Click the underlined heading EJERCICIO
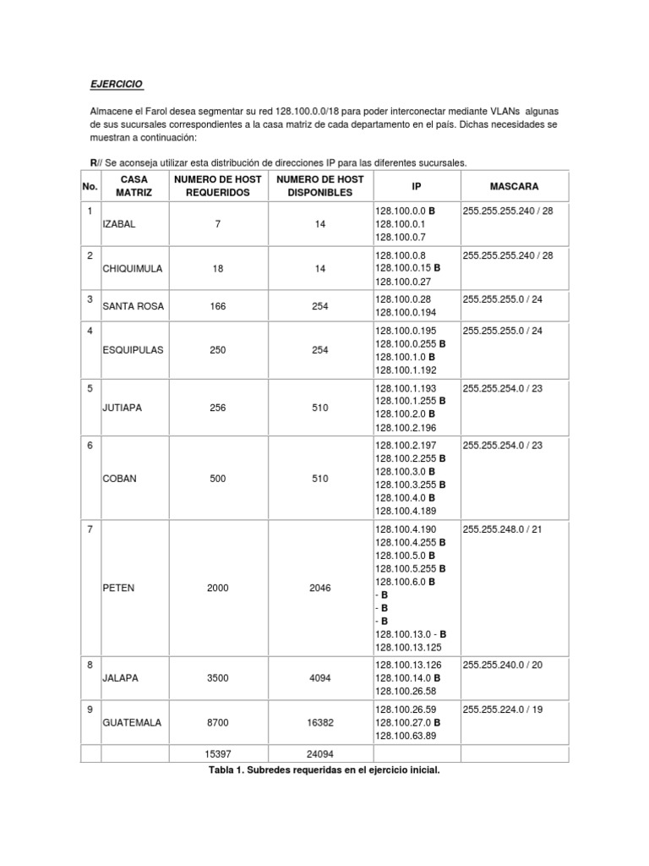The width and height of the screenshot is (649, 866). tap(117, 85)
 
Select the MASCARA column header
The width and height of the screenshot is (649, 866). tap(514, 185)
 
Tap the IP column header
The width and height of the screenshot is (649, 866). tap(416, 185)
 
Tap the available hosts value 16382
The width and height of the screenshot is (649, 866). tap(319, 723)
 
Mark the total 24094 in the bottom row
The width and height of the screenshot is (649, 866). tap(319, 753)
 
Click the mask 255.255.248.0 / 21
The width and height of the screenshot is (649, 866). tap(503, 529)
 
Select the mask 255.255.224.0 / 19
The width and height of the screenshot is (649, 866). tap(503, 710)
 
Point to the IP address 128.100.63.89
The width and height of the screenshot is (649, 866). tap(406, 737)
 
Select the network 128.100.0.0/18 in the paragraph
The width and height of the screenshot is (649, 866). tap(314, 112)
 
